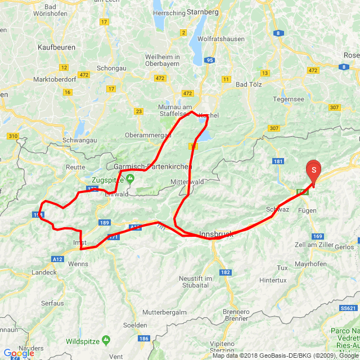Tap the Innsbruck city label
216,234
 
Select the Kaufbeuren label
57,48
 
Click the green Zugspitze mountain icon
130,179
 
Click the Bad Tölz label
249,84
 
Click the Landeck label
44,272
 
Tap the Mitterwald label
186,182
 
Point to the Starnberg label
202,11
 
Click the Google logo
19,353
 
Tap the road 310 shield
13,136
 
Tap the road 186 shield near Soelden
144,339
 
